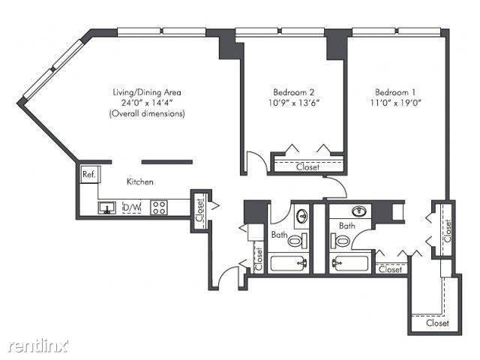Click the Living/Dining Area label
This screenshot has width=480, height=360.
pos(146,92)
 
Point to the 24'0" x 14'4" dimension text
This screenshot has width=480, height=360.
pos(146,103)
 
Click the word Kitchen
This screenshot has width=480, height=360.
pos(140,182)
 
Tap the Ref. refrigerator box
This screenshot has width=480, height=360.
pos(88,175)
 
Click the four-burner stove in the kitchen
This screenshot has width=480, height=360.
pos(159,208)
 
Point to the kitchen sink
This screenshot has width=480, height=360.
pos(107,208)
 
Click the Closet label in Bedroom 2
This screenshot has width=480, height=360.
pos(307,166)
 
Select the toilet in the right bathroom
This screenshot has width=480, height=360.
pos(343,241)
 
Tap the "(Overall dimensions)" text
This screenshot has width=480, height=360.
pos(146,113)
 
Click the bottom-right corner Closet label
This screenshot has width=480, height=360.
pos(437,323)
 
